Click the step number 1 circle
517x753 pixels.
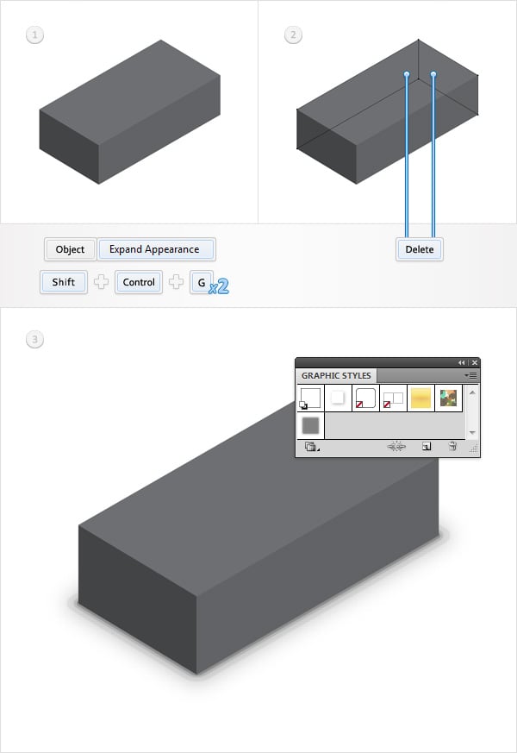(35, 35)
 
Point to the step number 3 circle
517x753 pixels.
(35, 340)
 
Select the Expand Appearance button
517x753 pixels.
(156, 249)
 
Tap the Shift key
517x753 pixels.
(64, 282)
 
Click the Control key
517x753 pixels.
(139, 282)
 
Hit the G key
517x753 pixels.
(202, 282)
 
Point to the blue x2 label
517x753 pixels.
(219, 287)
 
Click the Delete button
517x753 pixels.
(420, 249)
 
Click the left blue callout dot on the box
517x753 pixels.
(407, 75)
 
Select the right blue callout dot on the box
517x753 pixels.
(433, 75)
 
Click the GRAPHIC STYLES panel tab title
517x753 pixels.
(336, 375)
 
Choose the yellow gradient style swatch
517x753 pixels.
(421, 398)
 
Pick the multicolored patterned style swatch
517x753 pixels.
(449, 398)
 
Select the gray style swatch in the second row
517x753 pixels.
(310, 425)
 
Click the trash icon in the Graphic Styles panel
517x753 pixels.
(452, 447)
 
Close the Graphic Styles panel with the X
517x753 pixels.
(474, 362)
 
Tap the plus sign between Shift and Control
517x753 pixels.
(101, 282)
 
